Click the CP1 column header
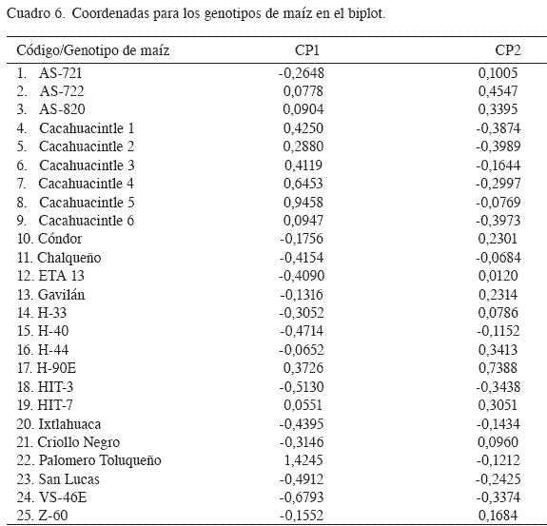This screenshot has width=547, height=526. tap(306, 50)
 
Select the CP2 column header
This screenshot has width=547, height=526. tap(508, 50)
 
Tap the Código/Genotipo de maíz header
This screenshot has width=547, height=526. tap(93, 50)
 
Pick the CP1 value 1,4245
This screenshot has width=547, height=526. tap(303, 460)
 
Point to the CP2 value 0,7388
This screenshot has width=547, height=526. tap(498, 368)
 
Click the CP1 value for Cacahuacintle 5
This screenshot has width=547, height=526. tap(303, 203)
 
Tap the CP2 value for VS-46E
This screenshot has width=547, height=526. tap(498, 497)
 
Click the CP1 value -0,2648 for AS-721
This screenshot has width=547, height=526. tap(302, 73)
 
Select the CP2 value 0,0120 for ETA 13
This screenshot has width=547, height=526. tap(498, 276)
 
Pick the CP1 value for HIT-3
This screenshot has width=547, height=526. tap(302, 387)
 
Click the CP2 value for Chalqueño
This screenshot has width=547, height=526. tap(498, 258)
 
